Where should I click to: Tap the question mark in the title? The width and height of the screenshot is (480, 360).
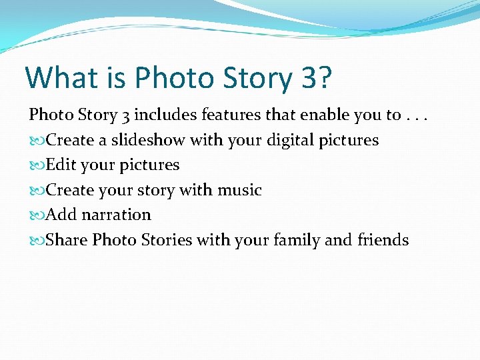(x=324, y=77)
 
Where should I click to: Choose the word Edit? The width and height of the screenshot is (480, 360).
(x=61, y=165)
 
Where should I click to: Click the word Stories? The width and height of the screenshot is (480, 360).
(x=165, y=239)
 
